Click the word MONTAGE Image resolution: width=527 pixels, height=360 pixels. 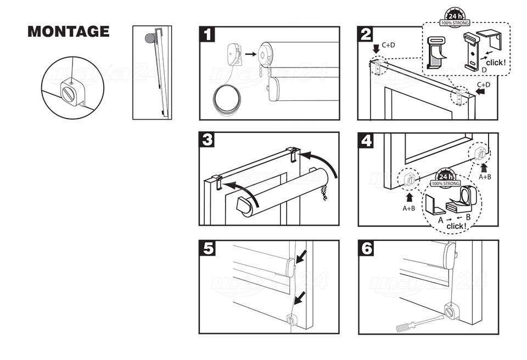tap(68, 31)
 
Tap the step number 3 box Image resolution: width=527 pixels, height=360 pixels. tap(207, 140)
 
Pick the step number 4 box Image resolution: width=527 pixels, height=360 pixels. tap(366, 140)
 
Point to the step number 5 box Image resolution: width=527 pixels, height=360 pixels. tap(207, 249)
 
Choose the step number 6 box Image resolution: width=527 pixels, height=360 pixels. tap(366, 249)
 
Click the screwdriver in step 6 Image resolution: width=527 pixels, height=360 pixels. tap(417, 323)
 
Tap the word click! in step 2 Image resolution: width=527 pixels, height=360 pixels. tap(496, 63)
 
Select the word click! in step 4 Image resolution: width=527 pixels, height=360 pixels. tap(457, 226)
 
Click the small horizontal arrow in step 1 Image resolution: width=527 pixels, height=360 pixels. tap(250, 54)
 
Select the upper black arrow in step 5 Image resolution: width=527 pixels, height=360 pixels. tap(301, 256)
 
